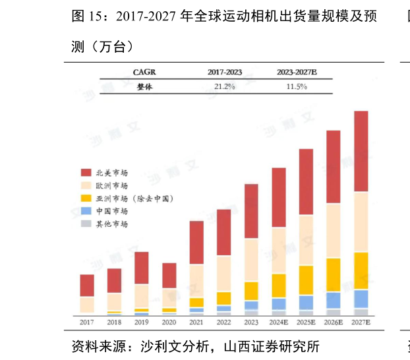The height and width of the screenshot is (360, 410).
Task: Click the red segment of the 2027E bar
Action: (361, 151)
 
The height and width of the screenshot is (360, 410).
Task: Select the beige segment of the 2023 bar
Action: (251, 260)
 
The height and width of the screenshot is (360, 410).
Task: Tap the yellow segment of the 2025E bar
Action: (306, 280)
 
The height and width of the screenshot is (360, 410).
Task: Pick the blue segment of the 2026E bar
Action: (334, 300)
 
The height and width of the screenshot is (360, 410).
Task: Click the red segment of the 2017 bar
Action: (87, 285)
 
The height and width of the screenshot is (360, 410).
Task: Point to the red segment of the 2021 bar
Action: (196, 242)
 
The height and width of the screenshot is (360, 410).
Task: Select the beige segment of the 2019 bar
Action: (142, 295)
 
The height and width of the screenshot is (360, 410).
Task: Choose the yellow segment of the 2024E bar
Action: (279, 285)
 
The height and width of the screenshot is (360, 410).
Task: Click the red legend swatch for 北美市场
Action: (86, 173)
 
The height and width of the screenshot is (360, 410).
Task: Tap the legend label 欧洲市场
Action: (111, 186)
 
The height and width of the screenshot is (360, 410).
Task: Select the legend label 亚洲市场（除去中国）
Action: (134, 198)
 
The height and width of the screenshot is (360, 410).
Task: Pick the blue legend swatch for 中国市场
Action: (86, 211)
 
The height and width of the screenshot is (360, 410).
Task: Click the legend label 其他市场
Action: (111, 224)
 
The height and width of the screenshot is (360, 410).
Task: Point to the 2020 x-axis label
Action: (169, 322)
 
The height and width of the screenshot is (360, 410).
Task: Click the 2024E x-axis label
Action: (278, 322)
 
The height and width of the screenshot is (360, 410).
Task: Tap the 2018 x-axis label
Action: (114, 322)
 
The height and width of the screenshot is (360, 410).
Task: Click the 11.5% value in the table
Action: (297, 87)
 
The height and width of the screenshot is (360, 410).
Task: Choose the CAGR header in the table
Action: (144, 72)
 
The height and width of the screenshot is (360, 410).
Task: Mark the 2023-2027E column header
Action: (297, 72)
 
